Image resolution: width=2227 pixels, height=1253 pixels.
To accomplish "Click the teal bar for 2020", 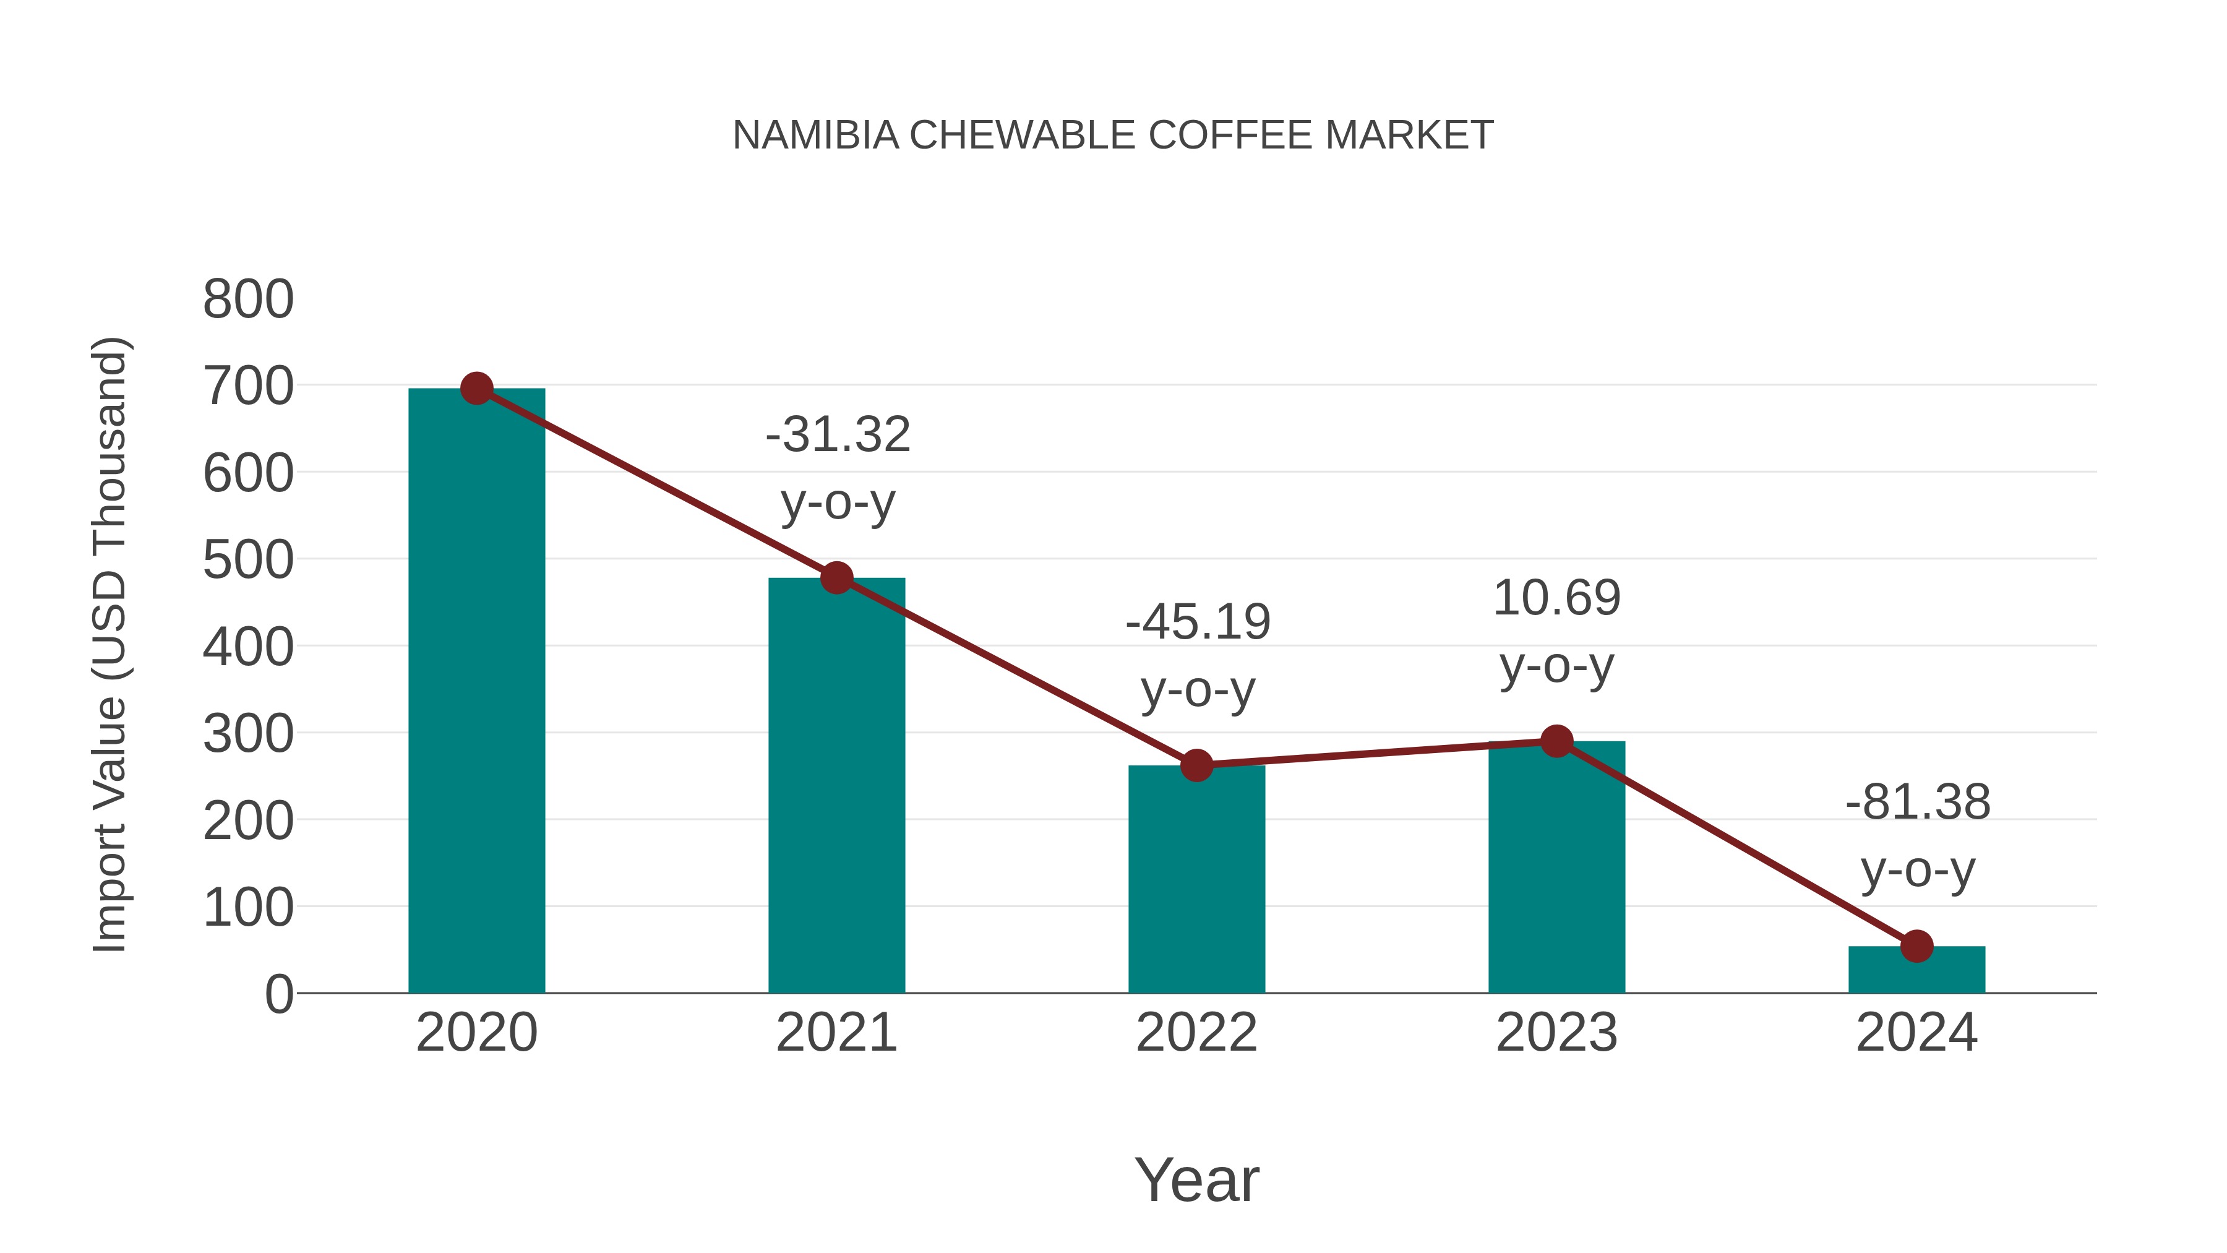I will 476,692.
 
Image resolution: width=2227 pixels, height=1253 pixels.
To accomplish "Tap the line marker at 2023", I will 1556,741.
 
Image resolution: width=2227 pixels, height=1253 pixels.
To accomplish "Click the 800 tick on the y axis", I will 248,299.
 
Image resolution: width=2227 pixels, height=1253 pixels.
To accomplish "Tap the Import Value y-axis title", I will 111,644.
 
